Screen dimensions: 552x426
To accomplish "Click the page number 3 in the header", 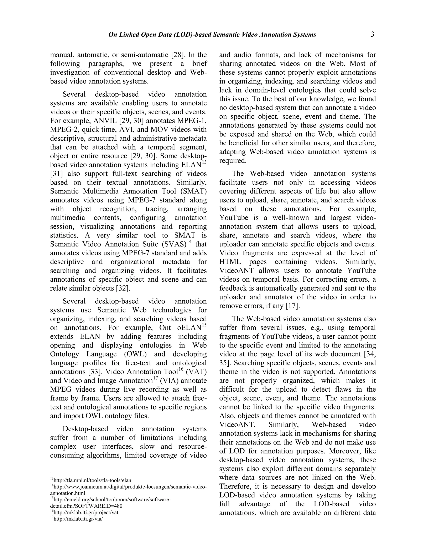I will tap(372, 35).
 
